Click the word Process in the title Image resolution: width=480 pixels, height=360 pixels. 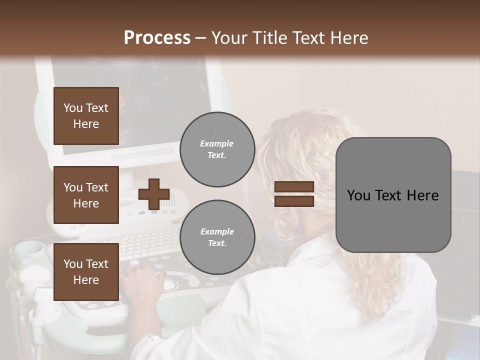click(x=157, y=38)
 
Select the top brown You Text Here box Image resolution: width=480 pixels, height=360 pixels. click(x=86, y=116)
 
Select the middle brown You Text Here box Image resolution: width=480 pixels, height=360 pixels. click(x=86, y=195)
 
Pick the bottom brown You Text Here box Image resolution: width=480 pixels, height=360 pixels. click(x=86, y=272)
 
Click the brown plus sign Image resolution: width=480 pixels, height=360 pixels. click(x=154, y=194)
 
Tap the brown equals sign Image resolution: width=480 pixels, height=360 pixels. click(x=294, y=194)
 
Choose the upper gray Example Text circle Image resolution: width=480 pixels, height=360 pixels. click(x=217, y=149)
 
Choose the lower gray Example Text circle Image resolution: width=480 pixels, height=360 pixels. click(x=217, y=237)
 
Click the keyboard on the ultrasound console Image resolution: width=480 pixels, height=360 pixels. click(x=150, y=240)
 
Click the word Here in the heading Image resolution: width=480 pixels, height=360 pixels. click(x=349, y=38)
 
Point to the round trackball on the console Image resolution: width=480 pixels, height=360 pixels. click(x=170, y=284)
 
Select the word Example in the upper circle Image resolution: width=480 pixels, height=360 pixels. click(x=217, y=144)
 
